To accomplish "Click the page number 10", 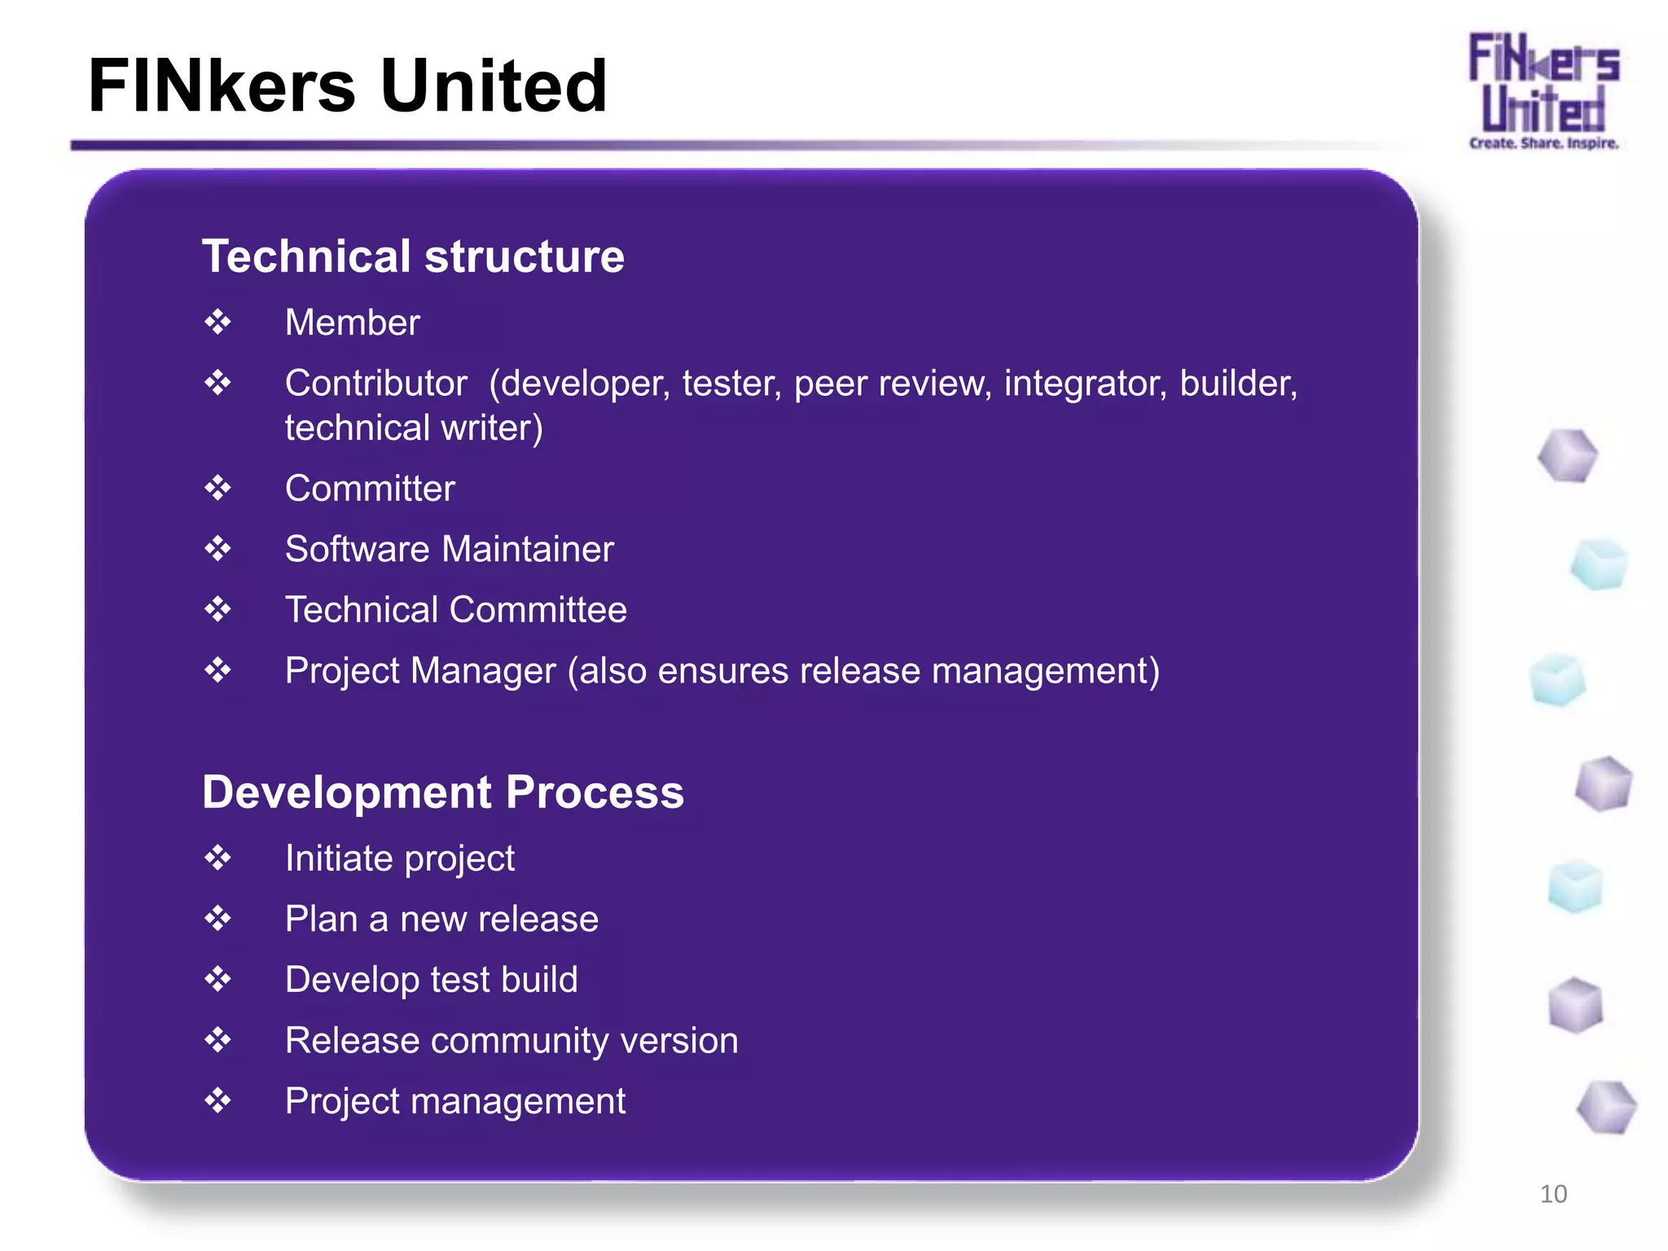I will tap(1553, 1194).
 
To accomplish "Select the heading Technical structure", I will tap(413, 257).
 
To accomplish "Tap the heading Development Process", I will tap(443, 792).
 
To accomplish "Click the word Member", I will tap(352, 323).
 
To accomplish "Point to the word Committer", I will tap(370, 489).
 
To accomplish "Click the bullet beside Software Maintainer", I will tap(217, 549).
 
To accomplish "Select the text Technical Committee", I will tap(455, 610).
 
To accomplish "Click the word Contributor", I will tap(375, 384).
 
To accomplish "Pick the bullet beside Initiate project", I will tap(217, 858).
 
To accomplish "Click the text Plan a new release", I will tap(441, 920).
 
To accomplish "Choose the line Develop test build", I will tap(431, 980).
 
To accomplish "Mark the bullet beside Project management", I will tap(217, 1101).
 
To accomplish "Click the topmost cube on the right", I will tap(1567, 456).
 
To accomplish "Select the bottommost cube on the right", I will tap(1605, 1108).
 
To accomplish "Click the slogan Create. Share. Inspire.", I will tap(1543, 143).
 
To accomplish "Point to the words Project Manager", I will tap(420, 671).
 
